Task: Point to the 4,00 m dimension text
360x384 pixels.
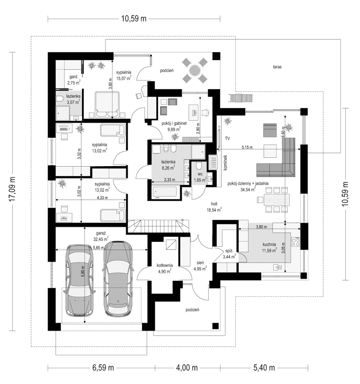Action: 187,368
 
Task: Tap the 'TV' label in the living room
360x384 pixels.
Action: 227,139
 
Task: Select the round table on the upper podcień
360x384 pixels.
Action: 194,71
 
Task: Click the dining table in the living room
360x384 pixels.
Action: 277,200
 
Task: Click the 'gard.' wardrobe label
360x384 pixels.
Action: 74,77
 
